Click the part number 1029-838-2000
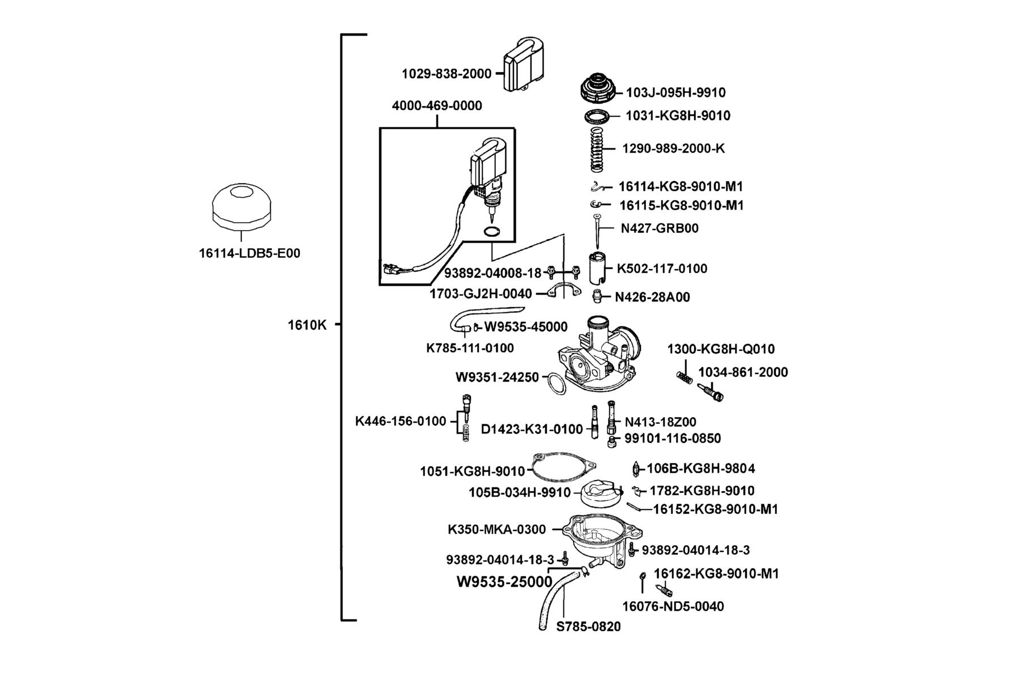[447, 74]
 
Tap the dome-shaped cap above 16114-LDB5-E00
[242, 207]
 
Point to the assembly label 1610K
[307, 325]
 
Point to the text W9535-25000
[504, 582]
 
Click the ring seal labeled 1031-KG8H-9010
[598, 116]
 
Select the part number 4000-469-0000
[437, 106]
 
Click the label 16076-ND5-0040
[673, 607]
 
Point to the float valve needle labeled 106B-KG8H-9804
[636, 469]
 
